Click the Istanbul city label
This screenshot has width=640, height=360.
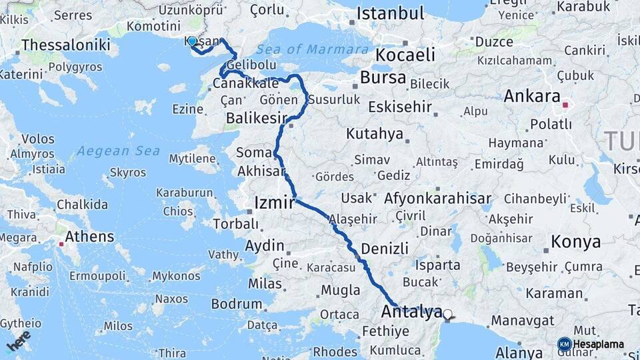390,13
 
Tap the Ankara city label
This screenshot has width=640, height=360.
531,96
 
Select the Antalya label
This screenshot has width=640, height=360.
411,311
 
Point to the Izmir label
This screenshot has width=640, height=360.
274,203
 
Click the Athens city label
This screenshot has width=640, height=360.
89,237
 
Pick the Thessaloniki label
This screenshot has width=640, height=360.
65,45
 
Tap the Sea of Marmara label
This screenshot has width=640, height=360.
312,49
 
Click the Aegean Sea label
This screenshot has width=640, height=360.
118,151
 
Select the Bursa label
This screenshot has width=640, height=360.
383,78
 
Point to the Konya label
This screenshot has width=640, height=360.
576,242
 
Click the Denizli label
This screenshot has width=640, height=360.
384,249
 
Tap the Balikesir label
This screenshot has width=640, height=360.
256,118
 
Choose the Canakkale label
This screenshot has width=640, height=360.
245,83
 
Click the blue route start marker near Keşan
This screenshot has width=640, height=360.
192,41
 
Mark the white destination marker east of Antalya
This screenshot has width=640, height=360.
447,314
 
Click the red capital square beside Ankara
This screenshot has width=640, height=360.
565,105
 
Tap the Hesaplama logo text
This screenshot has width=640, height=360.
598,345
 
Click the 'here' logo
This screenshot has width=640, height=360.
19,340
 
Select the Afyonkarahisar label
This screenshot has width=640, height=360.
437,198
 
